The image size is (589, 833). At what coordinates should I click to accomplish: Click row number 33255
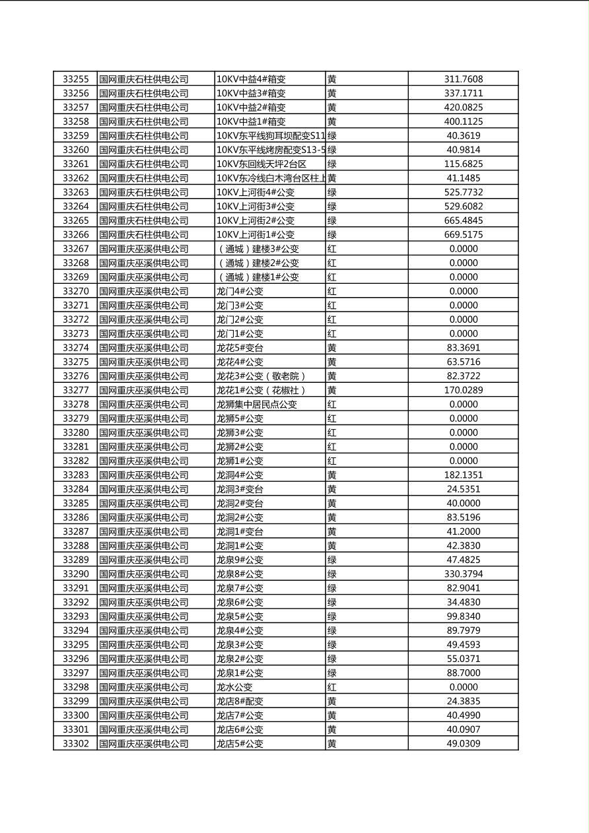[75, 79]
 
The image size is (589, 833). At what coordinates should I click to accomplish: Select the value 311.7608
[463, 79]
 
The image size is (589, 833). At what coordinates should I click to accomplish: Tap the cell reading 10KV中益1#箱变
[251, 121]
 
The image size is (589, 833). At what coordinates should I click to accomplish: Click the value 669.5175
[463, 234]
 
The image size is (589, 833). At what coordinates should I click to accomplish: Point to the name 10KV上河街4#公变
[256, 192]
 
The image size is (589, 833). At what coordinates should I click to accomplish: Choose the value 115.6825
[463, 164]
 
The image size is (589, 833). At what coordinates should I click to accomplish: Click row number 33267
[75, 249]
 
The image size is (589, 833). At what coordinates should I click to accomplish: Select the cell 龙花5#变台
[240, 348]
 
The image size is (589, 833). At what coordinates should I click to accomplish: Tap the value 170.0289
[463, 390]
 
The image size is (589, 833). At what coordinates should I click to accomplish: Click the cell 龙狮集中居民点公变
[257, 404]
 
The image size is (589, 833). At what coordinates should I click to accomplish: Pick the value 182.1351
[463, 475]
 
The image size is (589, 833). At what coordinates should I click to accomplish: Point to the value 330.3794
[463, 574]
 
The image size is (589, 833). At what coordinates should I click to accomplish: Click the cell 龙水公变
[234, 687]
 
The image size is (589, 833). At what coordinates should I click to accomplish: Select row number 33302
[75, 743]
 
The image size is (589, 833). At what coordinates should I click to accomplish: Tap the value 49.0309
[463, 743]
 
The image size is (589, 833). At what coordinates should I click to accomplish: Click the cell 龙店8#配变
[240, 701]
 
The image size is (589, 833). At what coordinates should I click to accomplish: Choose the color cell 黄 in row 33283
[331, 475]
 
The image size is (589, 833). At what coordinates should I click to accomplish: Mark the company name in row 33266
[144, 234]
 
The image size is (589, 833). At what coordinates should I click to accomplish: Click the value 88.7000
[463, 673]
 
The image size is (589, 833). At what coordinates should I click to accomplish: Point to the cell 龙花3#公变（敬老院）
[261, 376]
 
